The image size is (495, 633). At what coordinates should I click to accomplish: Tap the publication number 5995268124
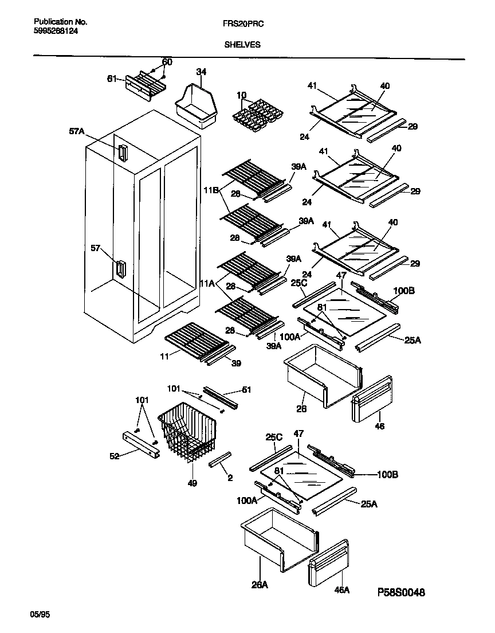pyautogui.click(x=53, y=32)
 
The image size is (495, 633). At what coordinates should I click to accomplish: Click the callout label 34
pyautogui.click(x=201, y=72)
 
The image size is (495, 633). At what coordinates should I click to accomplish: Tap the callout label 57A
pyautogui.click(x=77, y=132)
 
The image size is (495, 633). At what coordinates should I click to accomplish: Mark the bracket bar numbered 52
pyautogui.click(x=141, y=444)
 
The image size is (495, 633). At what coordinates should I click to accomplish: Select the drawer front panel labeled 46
pyautogui.click(x=372, y=399)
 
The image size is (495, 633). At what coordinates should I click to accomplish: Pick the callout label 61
pyautogui.click(x=112, y=79)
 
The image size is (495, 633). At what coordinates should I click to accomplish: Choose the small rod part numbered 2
pyautogui.click(x=221, y=459)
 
